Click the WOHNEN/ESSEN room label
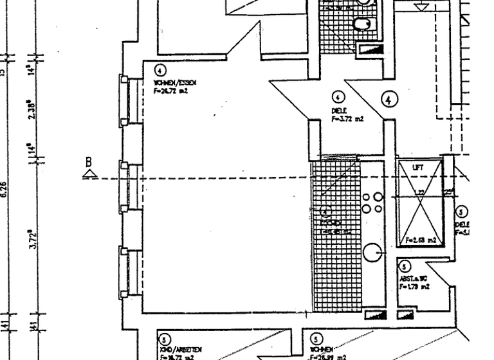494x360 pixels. [174, 84]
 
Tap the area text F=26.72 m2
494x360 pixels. [171, 91]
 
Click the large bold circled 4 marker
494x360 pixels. [389, 100]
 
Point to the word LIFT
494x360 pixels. [419, 167]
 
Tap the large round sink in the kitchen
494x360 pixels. [372, 252]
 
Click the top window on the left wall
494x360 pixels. [123, 98]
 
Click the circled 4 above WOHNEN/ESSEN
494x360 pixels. [160, 71]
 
